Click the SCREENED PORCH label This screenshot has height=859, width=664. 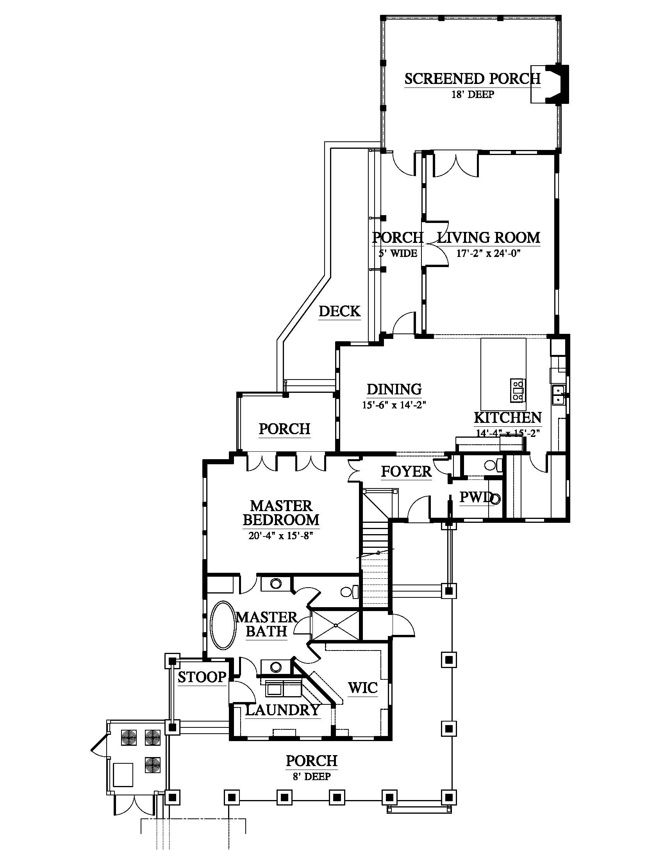point(473,78)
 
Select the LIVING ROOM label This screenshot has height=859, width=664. point(489,237)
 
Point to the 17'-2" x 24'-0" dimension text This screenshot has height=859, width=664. point(488,253)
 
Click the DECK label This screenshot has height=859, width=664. point(339,311)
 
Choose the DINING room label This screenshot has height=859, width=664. point(394,389)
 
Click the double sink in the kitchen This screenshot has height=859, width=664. point(558,395)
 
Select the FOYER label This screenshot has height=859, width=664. point(406,471)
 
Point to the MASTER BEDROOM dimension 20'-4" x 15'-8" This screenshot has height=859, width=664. point(280,536)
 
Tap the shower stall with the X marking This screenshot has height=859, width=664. point(335,625)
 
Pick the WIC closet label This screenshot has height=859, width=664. point(363,688)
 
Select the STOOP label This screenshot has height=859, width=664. point(202,677)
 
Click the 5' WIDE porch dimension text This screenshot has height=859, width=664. point(398,253)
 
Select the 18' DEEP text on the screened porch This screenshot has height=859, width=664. point(472,94)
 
